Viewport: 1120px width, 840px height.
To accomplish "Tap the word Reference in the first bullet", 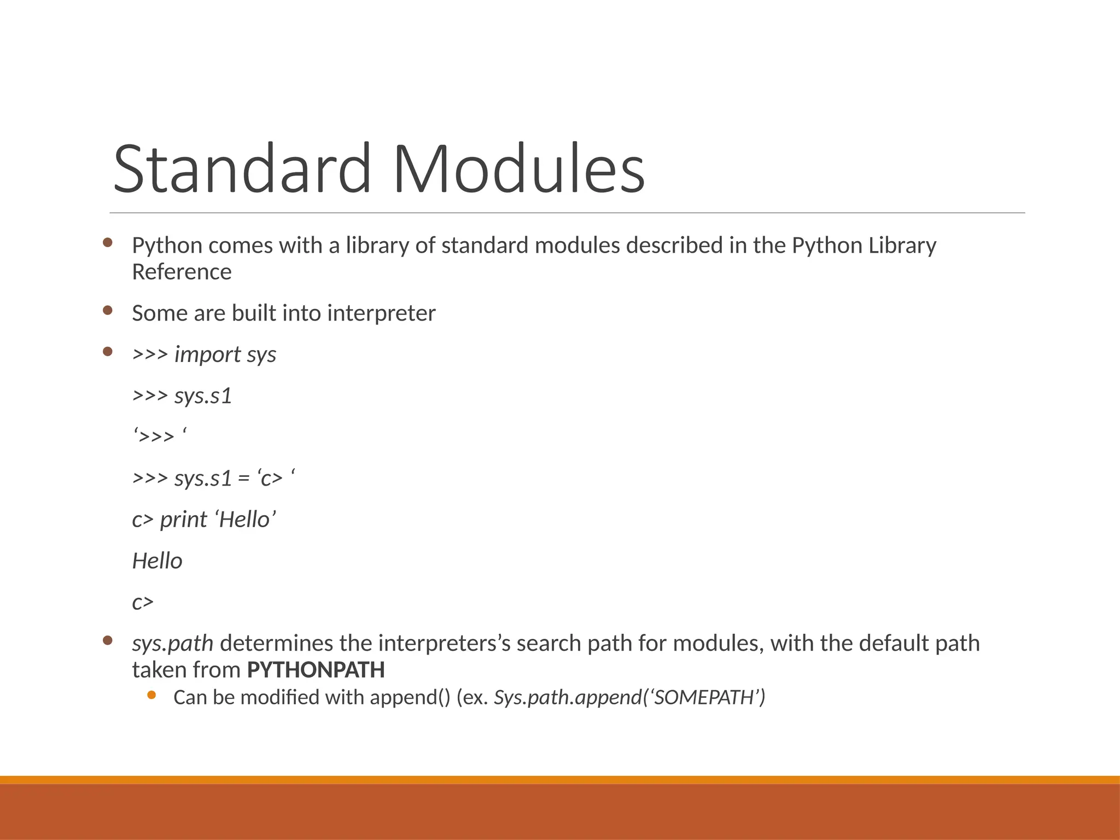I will (x=182, y=272).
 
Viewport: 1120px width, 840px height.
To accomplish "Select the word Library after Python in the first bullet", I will (x=902, y=246).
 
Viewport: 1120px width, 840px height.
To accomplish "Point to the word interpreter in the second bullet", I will (x=381, y=313).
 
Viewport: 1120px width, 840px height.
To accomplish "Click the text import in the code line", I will (x=207, y=355).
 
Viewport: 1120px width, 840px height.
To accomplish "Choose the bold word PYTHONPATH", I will (x=316, y=670).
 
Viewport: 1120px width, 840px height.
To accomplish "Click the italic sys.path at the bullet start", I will (x=172, y=644).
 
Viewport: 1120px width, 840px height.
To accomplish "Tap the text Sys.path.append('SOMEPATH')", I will (x=629, y=698).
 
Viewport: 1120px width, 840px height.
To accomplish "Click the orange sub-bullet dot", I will (x=151, y=695).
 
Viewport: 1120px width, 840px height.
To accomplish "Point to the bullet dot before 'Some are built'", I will (x=108, y=310).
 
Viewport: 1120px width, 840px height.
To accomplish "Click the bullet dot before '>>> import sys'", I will (x=108, y=352).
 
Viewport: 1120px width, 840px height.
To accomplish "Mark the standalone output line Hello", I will (x=157, y=561).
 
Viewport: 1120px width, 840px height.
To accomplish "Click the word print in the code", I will (x=183, y=520).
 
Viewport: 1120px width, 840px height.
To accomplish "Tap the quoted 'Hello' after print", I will (x=246, y=520).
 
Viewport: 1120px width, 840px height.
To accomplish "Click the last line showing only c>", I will (x=143, y=602).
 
